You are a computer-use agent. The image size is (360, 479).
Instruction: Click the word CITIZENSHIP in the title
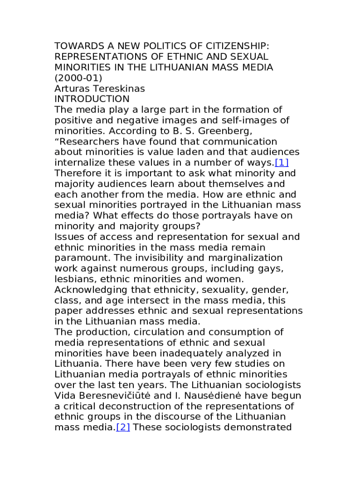tap(234, 46)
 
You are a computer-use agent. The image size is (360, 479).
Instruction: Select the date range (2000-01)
tap(78, 78)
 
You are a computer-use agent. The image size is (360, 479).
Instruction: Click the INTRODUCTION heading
tap(92, 99)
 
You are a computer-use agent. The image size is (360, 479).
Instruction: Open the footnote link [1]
tap(282, 163)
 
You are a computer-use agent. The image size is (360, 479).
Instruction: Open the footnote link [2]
tap(122, 427)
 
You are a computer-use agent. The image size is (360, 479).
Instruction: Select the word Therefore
tap(79, 174)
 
